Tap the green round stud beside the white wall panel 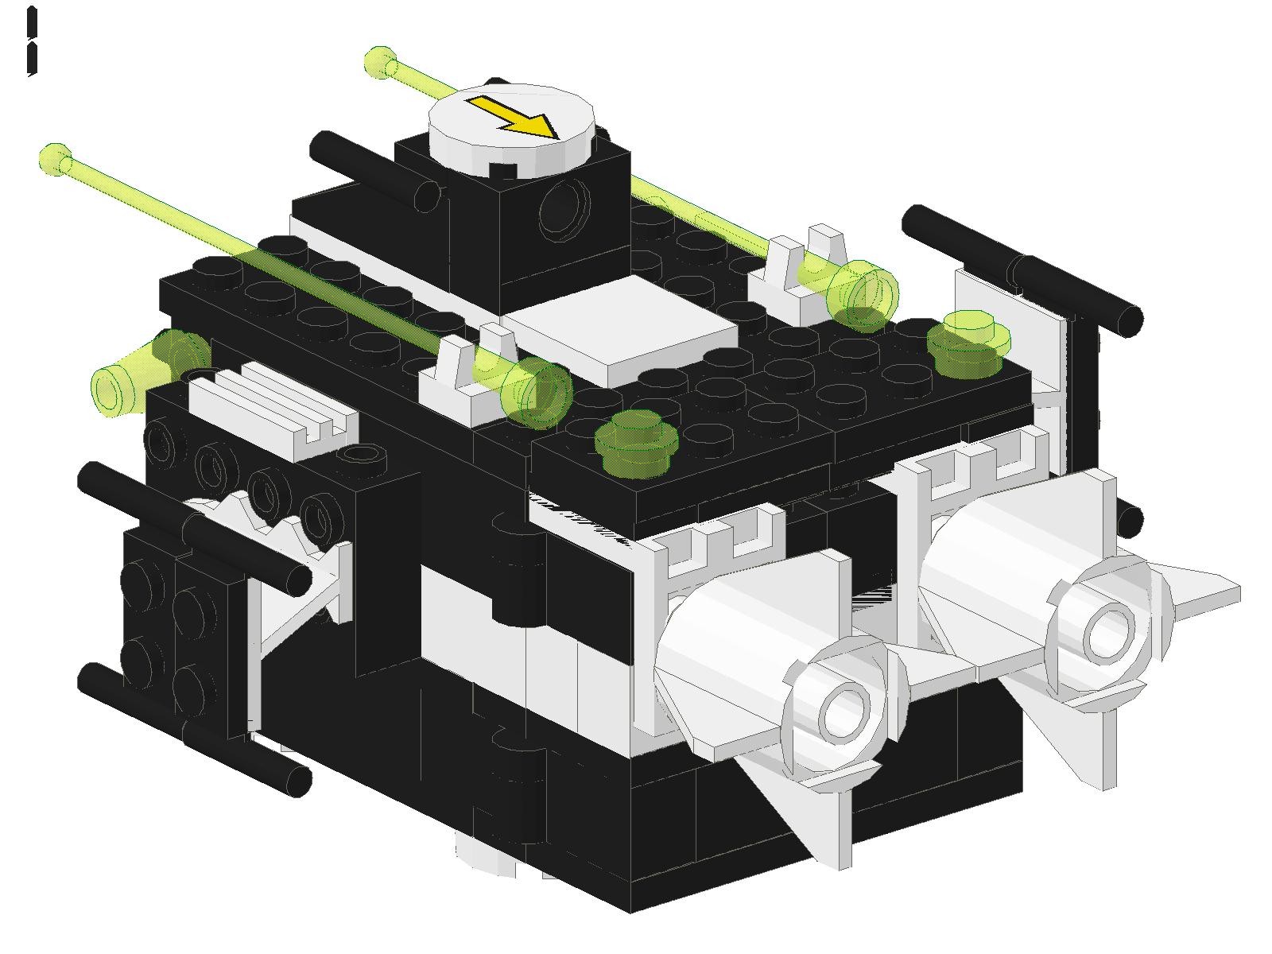[x=968, y=342]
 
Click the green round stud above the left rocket [x=636, y=441]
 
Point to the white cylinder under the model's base [x=485, y=855]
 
